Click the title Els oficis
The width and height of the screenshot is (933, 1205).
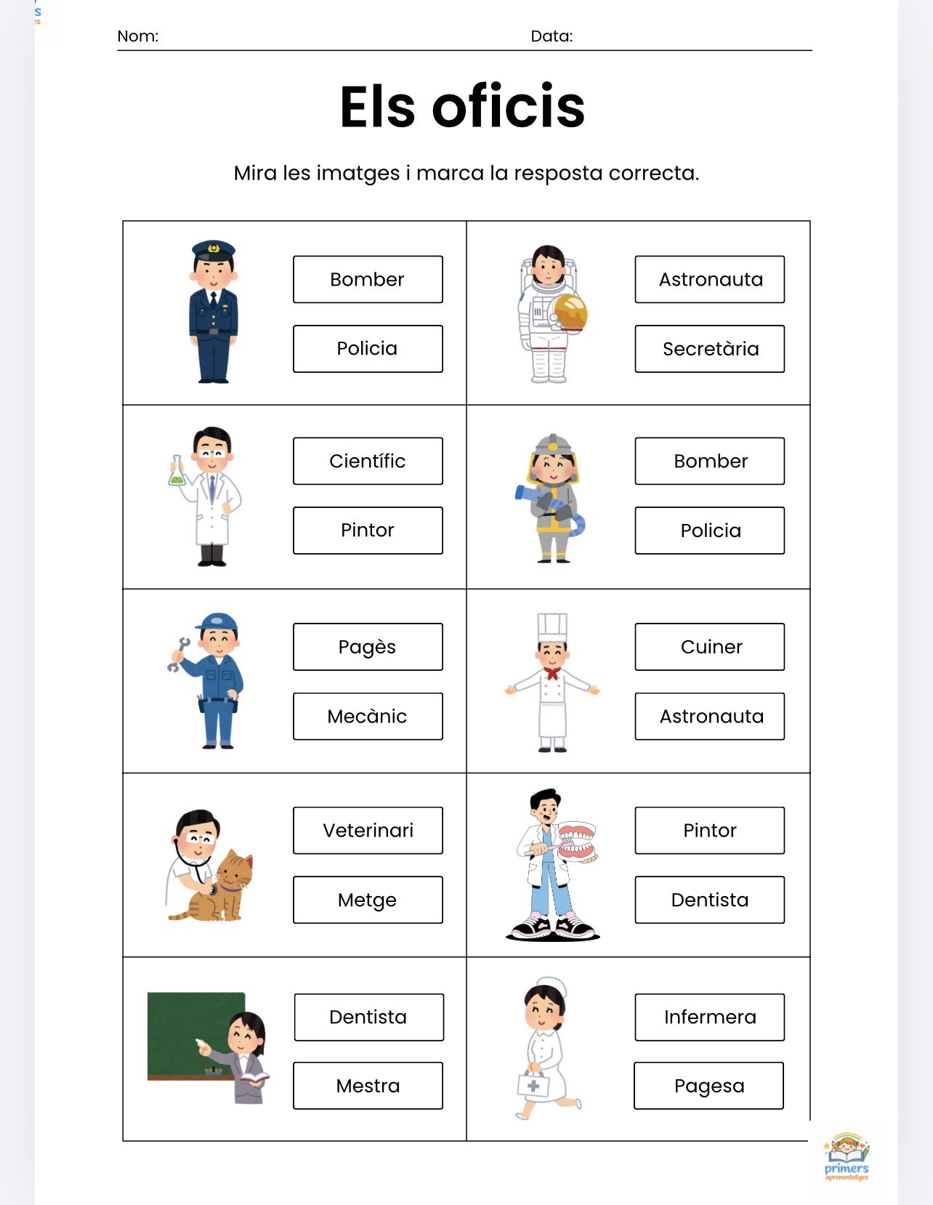[x=462, y=106]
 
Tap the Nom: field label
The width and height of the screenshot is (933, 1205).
[x=137, y=36]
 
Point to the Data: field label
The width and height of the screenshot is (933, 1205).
[x=552, y=36]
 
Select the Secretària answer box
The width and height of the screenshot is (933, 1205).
[x=710, y=349]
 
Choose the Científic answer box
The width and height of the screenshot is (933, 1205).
[x=368, y=461]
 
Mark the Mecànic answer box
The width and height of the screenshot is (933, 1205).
[x=368, y=716]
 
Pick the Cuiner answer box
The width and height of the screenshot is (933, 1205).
[x=710, y=647]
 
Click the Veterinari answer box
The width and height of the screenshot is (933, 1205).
[x=368, y=830]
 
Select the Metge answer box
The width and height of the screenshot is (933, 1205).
[x=368, y=900]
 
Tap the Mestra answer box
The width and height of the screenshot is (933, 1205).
[x=368, y=1085]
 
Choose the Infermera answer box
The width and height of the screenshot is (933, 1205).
[x=710, y=1017]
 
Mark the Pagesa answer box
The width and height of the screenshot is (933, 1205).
[x=708, y=1085]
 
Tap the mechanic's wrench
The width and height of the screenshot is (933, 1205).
[x=178, y=654]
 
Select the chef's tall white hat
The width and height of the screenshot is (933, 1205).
[x=552, y=628]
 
